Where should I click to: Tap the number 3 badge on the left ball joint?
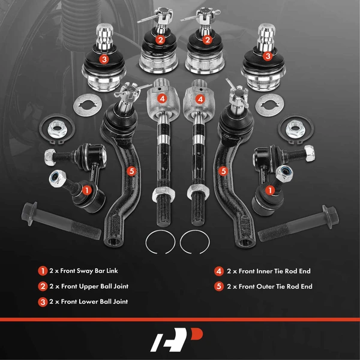click(x=104, y=59)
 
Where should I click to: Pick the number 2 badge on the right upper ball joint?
click(x=208, y=40)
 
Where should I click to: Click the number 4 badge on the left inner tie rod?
click(x=161, y=98)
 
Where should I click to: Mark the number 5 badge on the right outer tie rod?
click(x=224, y=171)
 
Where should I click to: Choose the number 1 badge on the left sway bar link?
click(x=88, y=190)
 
